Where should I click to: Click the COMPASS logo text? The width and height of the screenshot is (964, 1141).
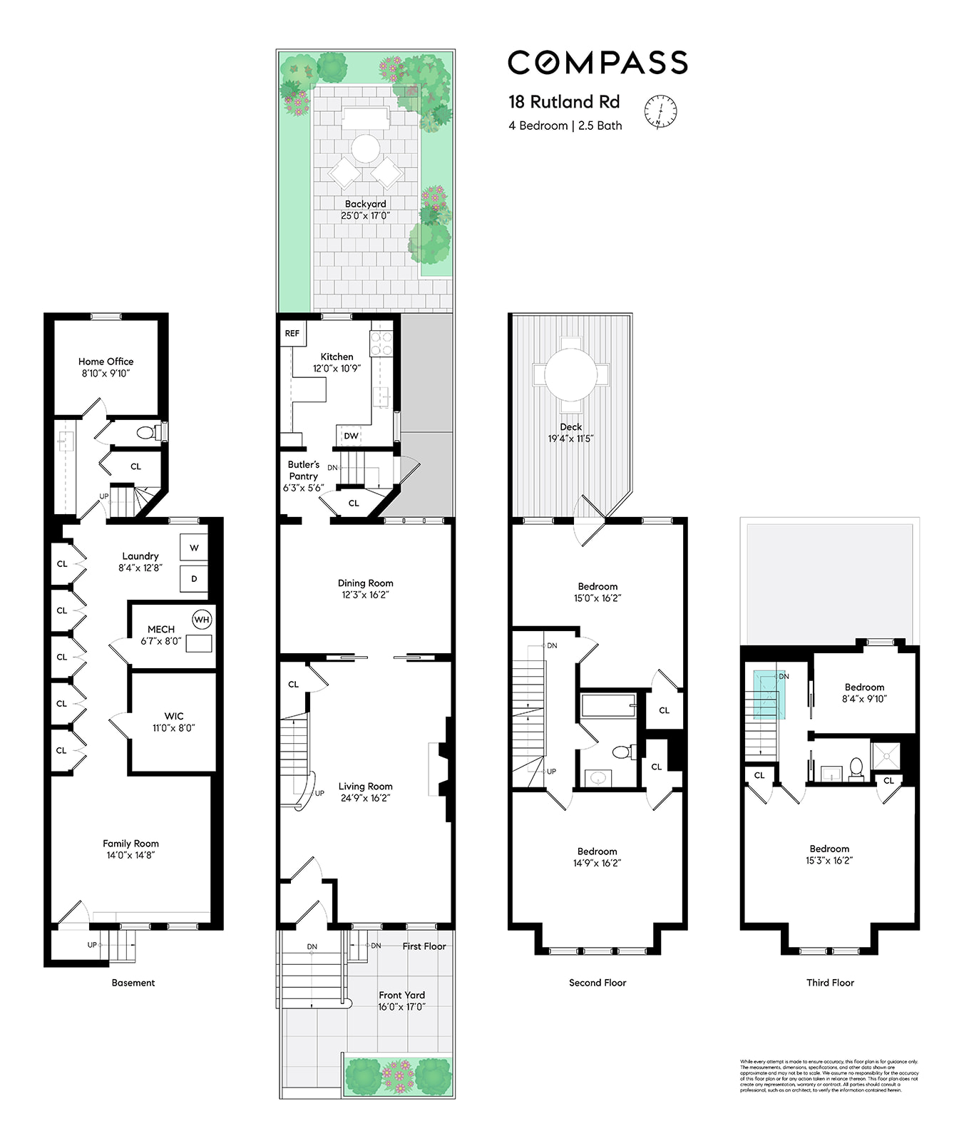pos(598,63)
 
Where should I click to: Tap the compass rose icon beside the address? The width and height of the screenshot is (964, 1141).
pos(660,111)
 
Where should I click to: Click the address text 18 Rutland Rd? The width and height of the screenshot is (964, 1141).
pos(564,102)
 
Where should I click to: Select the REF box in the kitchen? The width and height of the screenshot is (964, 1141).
pos(292,334)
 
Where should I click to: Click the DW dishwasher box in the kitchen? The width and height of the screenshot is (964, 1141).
pos(351,436)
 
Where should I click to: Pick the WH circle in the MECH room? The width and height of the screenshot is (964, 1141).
pos(202,620)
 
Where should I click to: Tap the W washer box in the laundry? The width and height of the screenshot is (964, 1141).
pos(194,548)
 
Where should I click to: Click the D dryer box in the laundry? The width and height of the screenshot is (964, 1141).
pos(194,579)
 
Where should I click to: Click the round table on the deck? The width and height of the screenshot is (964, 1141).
pos(570,374)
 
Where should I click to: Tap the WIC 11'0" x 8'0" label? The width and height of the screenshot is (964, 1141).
pos(173,722)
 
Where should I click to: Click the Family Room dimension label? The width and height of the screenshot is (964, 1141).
pos(130,855)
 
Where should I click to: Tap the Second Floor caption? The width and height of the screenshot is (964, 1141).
pos(598,983)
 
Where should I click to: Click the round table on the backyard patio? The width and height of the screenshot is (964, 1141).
pos(365,148)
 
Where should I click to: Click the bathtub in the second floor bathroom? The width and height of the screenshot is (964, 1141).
pos(607,706)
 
